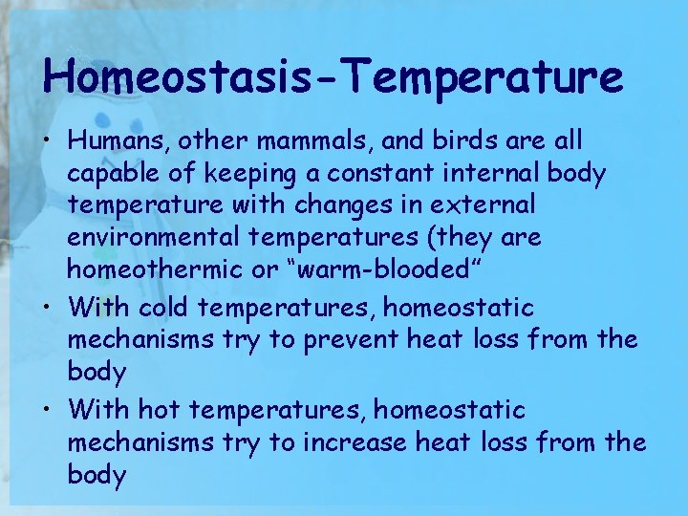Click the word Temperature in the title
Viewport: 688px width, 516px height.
(x=490, y=76)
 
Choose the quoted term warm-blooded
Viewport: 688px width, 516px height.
(x=391, y=269)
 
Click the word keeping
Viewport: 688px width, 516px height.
(x=223, y=174)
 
